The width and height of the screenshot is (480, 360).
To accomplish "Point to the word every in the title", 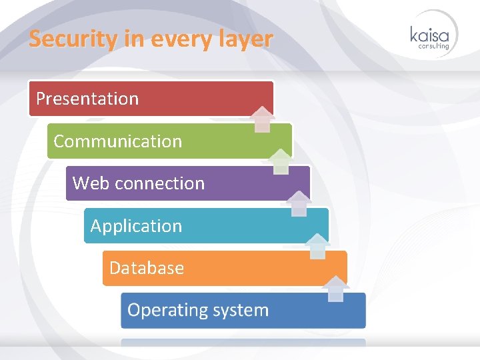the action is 181,39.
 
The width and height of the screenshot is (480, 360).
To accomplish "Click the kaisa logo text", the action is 430,34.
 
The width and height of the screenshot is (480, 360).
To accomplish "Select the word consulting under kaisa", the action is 434,46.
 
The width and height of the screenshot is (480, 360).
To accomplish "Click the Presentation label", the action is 87,99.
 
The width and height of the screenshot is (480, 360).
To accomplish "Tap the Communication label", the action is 117,141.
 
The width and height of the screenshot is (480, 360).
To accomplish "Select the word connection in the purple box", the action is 159,183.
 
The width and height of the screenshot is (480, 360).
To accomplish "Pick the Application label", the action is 136,226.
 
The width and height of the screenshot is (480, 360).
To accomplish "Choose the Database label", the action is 147,268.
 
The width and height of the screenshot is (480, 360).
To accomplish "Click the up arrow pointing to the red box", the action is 263,119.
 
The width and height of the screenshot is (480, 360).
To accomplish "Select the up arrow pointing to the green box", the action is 281,161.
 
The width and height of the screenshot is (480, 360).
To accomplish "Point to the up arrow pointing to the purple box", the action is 300,203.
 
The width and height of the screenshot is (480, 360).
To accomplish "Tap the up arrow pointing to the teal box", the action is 318,246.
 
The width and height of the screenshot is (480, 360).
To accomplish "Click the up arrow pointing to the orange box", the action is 337,289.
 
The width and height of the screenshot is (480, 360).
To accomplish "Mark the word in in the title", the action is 133,39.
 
